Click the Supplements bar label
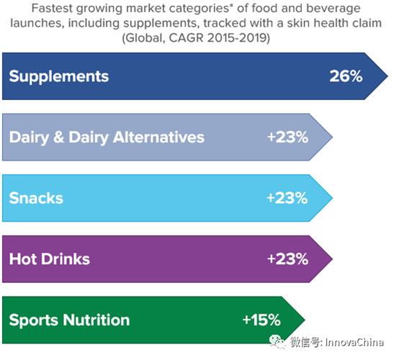click(x=59, y=76)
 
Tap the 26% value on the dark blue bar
click(x=346, y=76)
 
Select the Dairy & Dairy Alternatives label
click(x=107, y=138)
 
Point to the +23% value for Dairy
click(x=288, y=138)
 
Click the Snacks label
click(x=36, y=198)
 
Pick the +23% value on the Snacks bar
click(x=287, y=198)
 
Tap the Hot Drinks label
click(x=50, y=259)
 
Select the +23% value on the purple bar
click(x=288, y=259)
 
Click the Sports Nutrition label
click(x=69, y=320)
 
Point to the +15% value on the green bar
click(x=261, y=320)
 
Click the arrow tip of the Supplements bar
click(x=387, y=76)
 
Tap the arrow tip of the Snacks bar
click(x=333, y=198)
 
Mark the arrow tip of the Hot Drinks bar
click(x=333, y=259)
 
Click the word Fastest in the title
click(x=53, y=9)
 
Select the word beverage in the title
click(x=333, y=9)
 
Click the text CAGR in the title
click(x=186, y=38)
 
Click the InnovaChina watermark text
click(x=354, y=342)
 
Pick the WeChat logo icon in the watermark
click(x=277, y=342)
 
